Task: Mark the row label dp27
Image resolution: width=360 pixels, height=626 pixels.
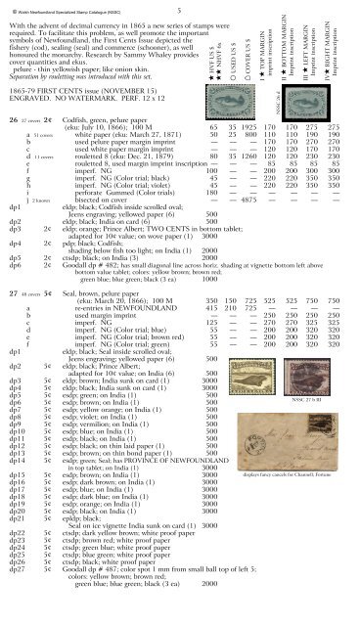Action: (14, 591)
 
